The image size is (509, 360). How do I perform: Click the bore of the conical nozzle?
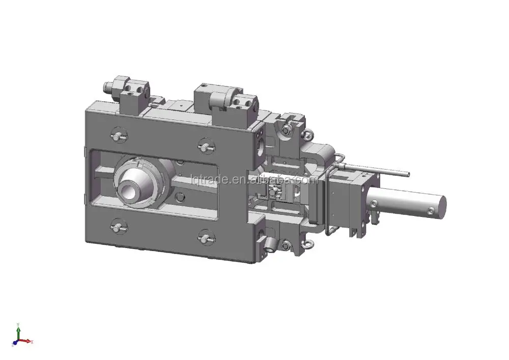(x=128, y=191)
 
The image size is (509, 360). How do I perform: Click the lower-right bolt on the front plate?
(x=205, y=237)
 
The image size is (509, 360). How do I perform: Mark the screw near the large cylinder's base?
(x=374, y=204)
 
